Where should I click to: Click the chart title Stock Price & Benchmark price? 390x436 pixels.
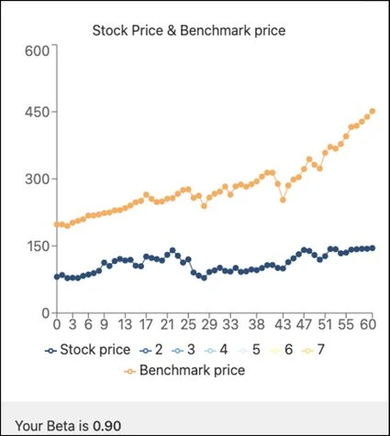(x=189, y=31)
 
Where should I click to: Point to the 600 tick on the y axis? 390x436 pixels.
(x=35, y=49)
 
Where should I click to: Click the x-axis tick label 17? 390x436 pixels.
(x=145, y=324)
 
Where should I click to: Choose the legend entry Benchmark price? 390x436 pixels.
(x=183, y=370)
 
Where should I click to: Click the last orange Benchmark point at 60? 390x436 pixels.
(x=373, y=112)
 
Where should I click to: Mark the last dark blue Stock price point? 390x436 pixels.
(x=372, y=247)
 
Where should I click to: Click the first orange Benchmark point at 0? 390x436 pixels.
(x=57, y=224)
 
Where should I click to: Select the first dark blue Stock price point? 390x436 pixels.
(x=57, y=277)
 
